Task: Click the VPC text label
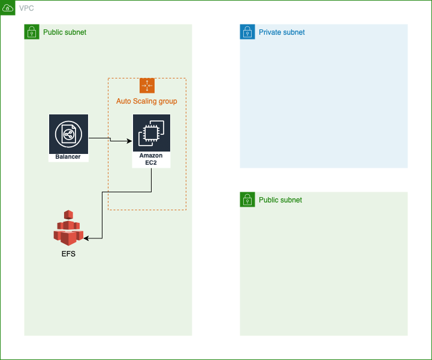[26, 8]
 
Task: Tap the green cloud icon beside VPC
[8, 8]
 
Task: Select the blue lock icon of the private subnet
[247, 32]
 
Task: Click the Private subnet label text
[282, 32]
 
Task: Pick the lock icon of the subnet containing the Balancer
[32, 32]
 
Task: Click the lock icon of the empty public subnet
[247, 199]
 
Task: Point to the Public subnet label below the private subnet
[280, 200]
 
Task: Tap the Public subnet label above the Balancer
[65, 32]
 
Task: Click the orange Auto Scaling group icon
[147, 86]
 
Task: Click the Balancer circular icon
[68, 134]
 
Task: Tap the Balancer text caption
[68, 157]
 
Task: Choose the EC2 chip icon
[151, 133]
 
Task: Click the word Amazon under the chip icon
[151, 156]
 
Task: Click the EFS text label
[68, 254]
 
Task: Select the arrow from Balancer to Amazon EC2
[110, 140]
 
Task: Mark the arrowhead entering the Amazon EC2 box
[129, 141]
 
